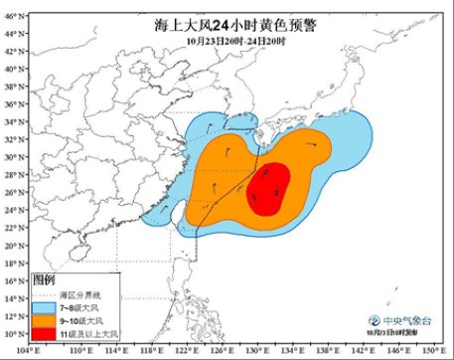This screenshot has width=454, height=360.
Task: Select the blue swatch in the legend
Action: [46, 307]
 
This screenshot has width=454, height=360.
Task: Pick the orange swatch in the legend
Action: [46, 320]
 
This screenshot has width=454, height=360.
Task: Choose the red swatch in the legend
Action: [46, 334]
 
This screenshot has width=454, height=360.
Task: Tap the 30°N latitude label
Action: [12, 157]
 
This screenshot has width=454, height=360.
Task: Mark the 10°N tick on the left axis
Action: [12, 333]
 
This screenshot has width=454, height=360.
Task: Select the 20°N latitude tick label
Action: [12, 245]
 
